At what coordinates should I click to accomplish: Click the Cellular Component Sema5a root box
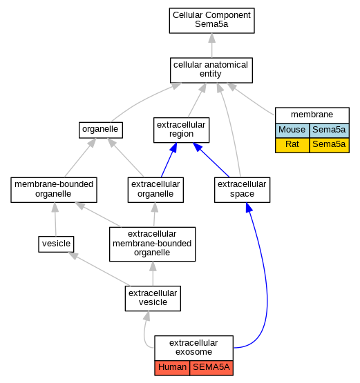[x=212, y=21]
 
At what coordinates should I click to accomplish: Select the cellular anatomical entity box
[x=211, y=70]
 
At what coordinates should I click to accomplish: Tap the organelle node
[x=101, y=130]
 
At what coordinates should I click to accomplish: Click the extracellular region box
[x=181, y=130]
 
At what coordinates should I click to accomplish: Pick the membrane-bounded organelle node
[x=54, y=190]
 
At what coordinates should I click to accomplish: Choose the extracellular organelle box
[x=155, y=190]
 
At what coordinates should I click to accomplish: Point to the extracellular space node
[x=242, y=190]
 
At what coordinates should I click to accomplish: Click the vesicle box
[x=56, y=244]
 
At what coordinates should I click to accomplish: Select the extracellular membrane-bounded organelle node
[x=153, y=244]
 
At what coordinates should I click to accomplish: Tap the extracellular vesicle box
[x=153, y=298]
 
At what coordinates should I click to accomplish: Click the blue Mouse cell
[x=292, y=130]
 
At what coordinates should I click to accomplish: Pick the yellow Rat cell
[x=292, y=146]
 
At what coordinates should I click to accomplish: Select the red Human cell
[x=172, y=368]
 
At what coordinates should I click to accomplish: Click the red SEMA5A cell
[x=211, y=368]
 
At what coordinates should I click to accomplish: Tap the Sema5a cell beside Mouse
[x=329, y=130]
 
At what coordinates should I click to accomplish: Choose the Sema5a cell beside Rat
[x=329, y=146]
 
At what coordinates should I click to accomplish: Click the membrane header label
[x=312, y=115]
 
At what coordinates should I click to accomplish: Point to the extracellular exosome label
[x=193, y=347]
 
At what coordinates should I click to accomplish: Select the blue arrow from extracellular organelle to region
[x=169, y=160]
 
